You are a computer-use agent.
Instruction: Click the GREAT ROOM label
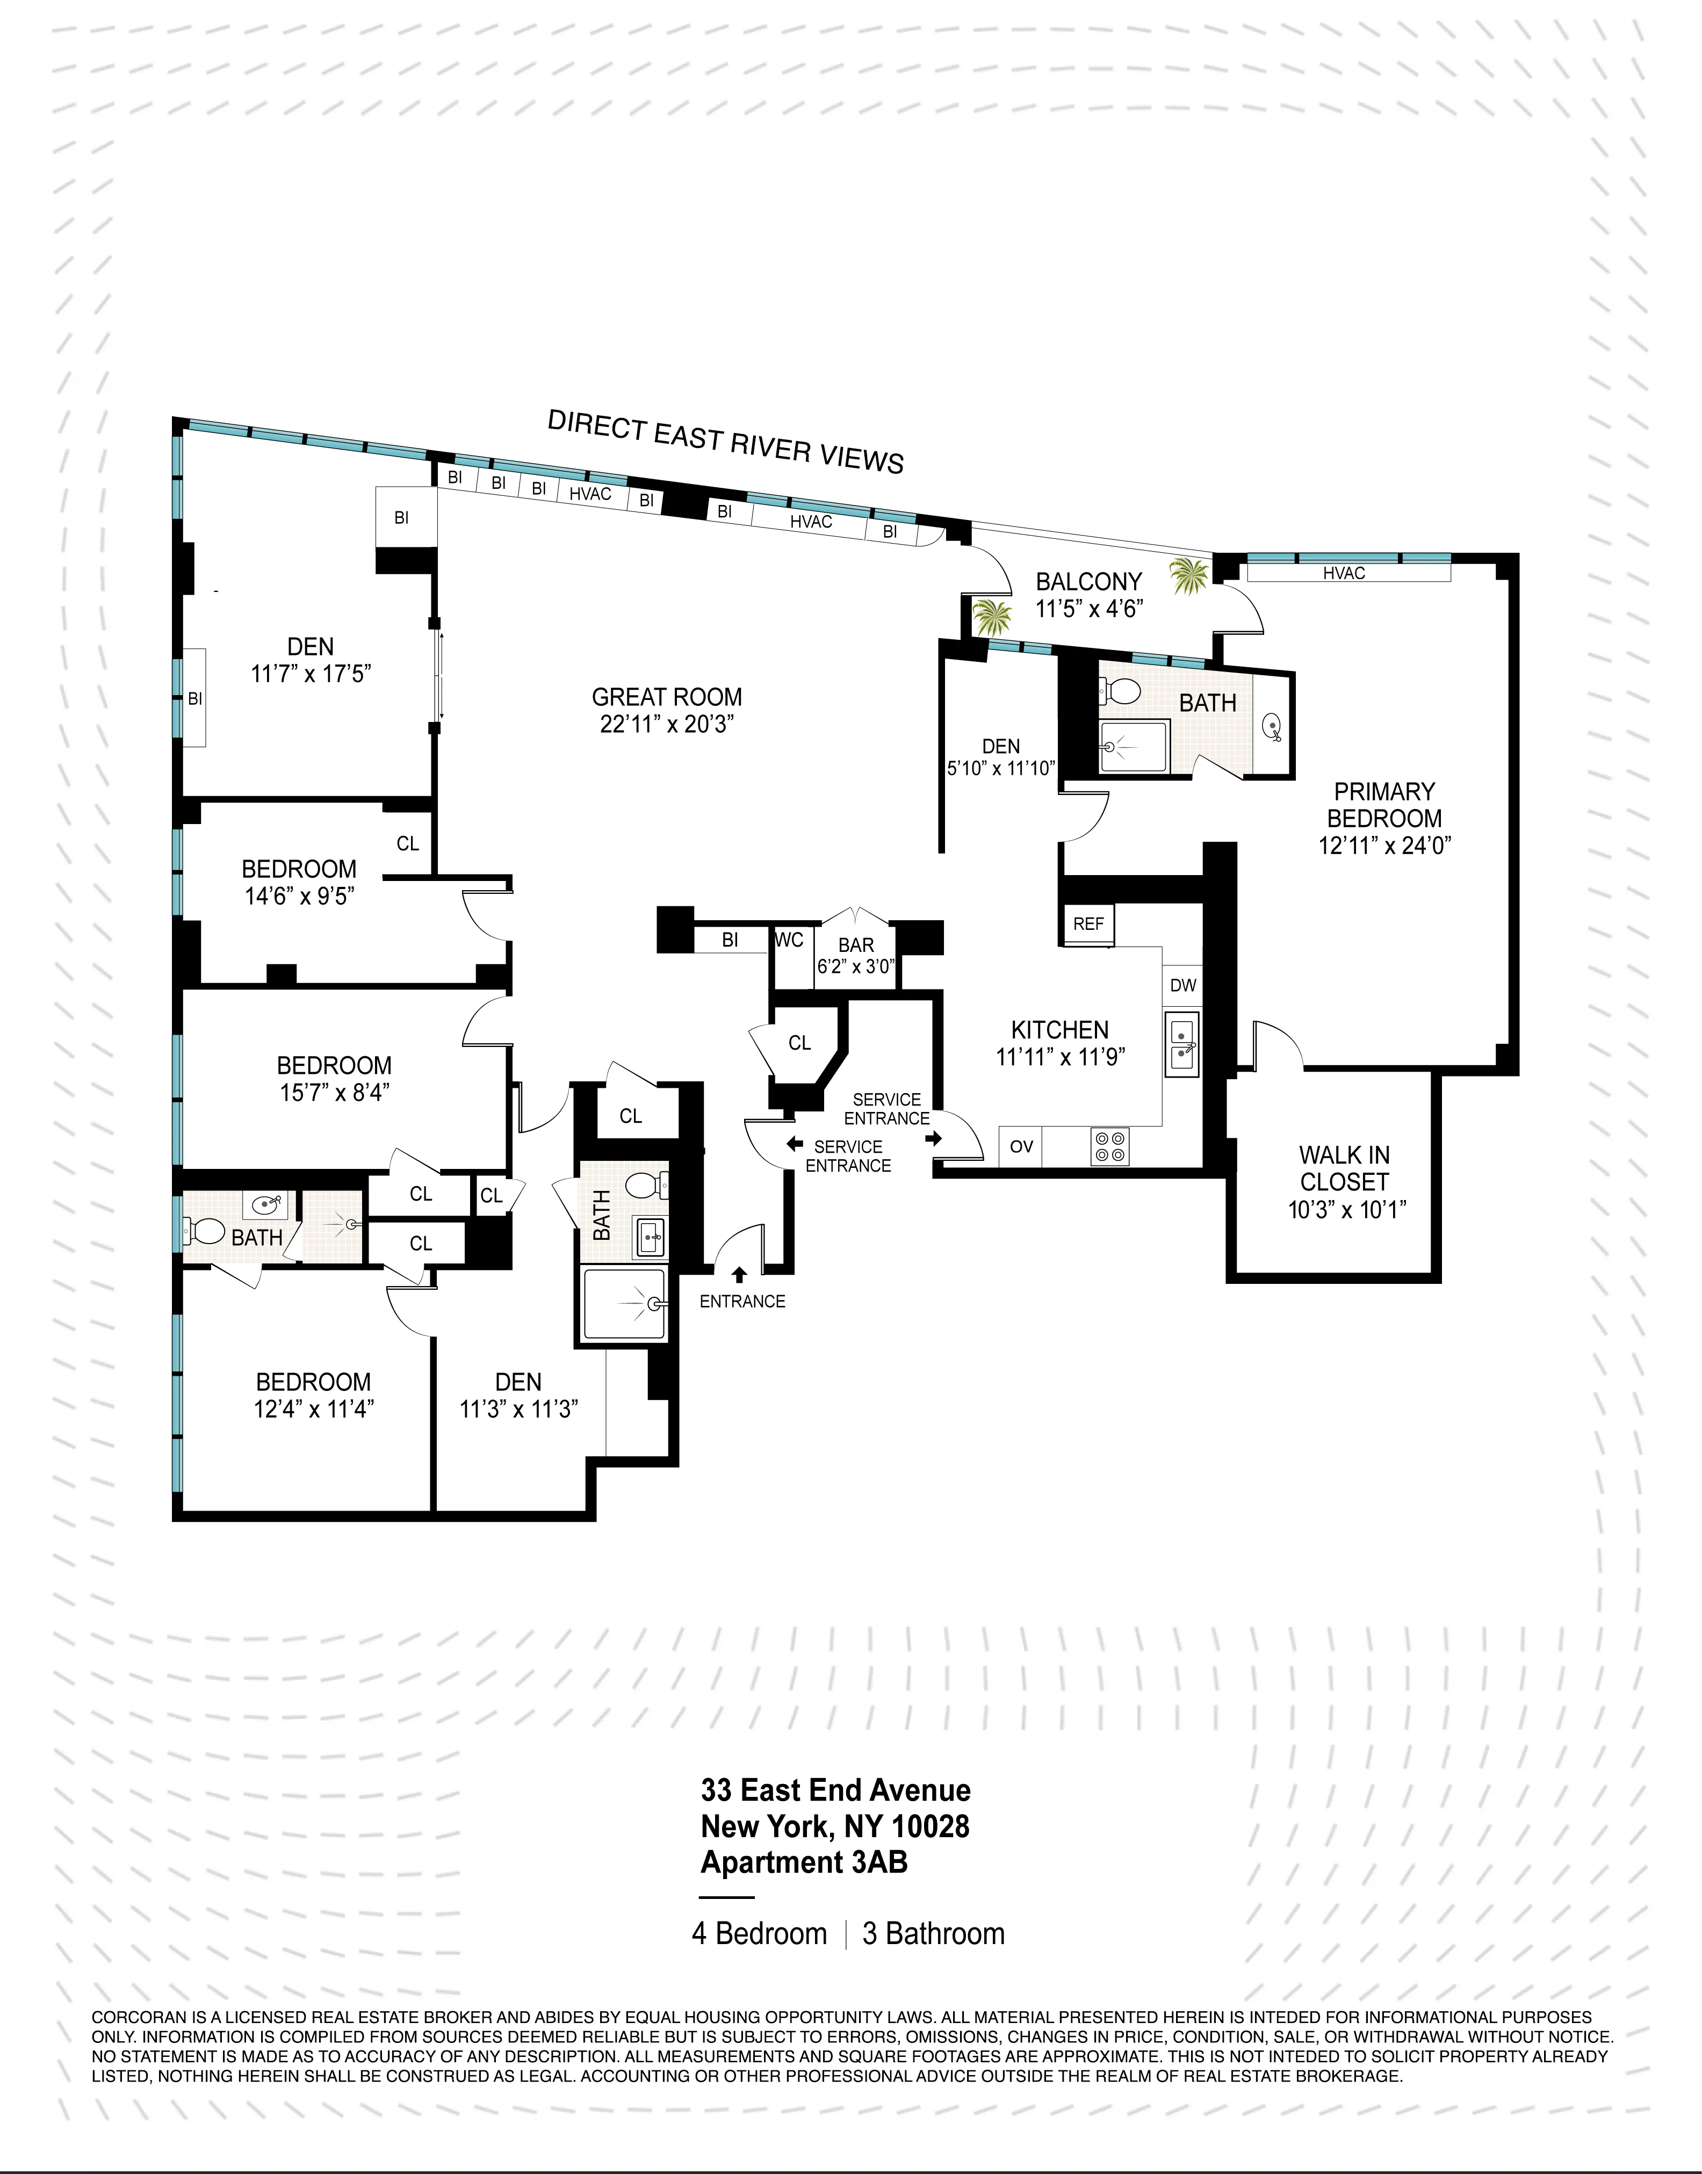[667, 697]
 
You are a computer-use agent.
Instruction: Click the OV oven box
[1021, 1147]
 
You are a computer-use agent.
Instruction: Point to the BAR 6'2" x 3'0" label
[856, 955]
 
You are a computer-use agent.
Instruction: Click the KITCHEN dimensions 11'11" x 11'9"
[1061, 1057]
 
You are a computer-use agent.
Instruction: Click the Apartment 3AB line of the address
[804, 1862]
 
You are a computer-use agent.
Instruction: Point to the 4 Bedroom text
[759, 1934]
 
